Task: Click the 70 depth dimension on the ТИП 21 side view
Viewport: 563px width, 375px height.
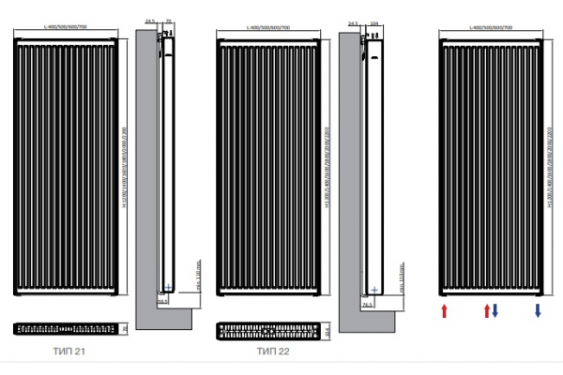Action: coord(169,18)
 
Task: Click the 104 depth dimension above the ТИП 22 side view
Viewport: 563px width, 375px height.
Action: coord(374,18)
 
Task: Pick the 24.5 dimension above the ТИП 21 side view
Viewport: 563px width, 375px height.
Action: coord(151,18)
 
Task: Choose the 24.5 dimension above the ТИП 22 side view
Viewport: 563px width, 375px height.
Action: coord(354,18)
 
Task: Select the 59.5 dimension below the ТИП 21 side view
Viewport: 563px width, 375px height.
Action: coord(161,303)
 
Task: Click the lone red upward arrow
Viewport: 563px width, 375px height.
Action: coord(444,311)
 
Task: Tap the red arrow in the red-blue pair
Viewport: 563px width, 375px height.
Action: coord(485,311)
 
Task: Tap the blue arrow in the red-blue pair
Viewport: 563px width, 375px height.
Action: coord(495,311)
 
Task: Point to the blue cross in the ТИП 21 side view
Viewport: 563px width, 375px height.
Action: coord(168,286)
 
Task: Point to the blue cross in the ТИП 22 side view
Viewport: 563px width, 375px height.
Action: coord(373,287)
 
